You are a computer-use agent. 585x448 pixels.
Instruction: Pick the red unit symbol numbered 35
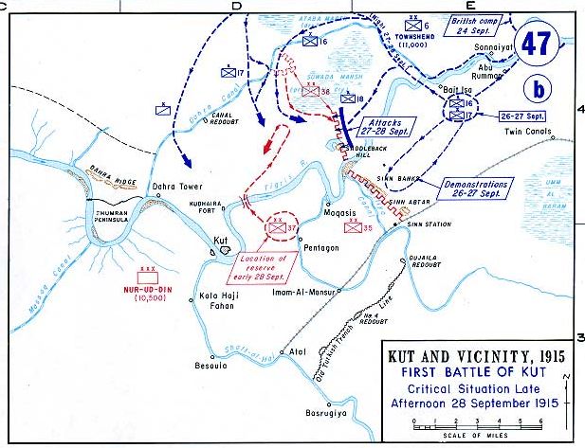(354, 227)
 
